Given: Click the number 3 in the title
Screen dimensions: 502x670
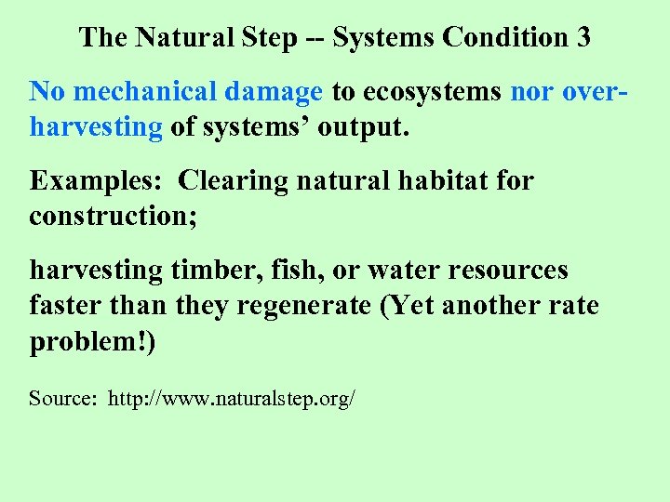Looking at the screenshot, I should [x=583, y=37].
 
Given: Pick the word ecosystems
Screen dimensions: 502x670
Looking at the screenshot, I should [x=433, y=92].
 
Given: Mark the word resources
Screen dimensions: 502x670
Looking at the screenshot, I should [x=508, y=271].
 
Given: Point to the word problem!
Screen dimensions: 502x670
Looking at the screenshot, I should [x=93, y=341].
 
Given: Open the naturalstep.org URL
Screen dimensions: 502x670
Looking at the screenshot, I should [x=232, y=400].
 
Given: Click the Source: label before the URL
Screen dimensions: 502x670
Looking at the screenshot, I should [x=62, y=400].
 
